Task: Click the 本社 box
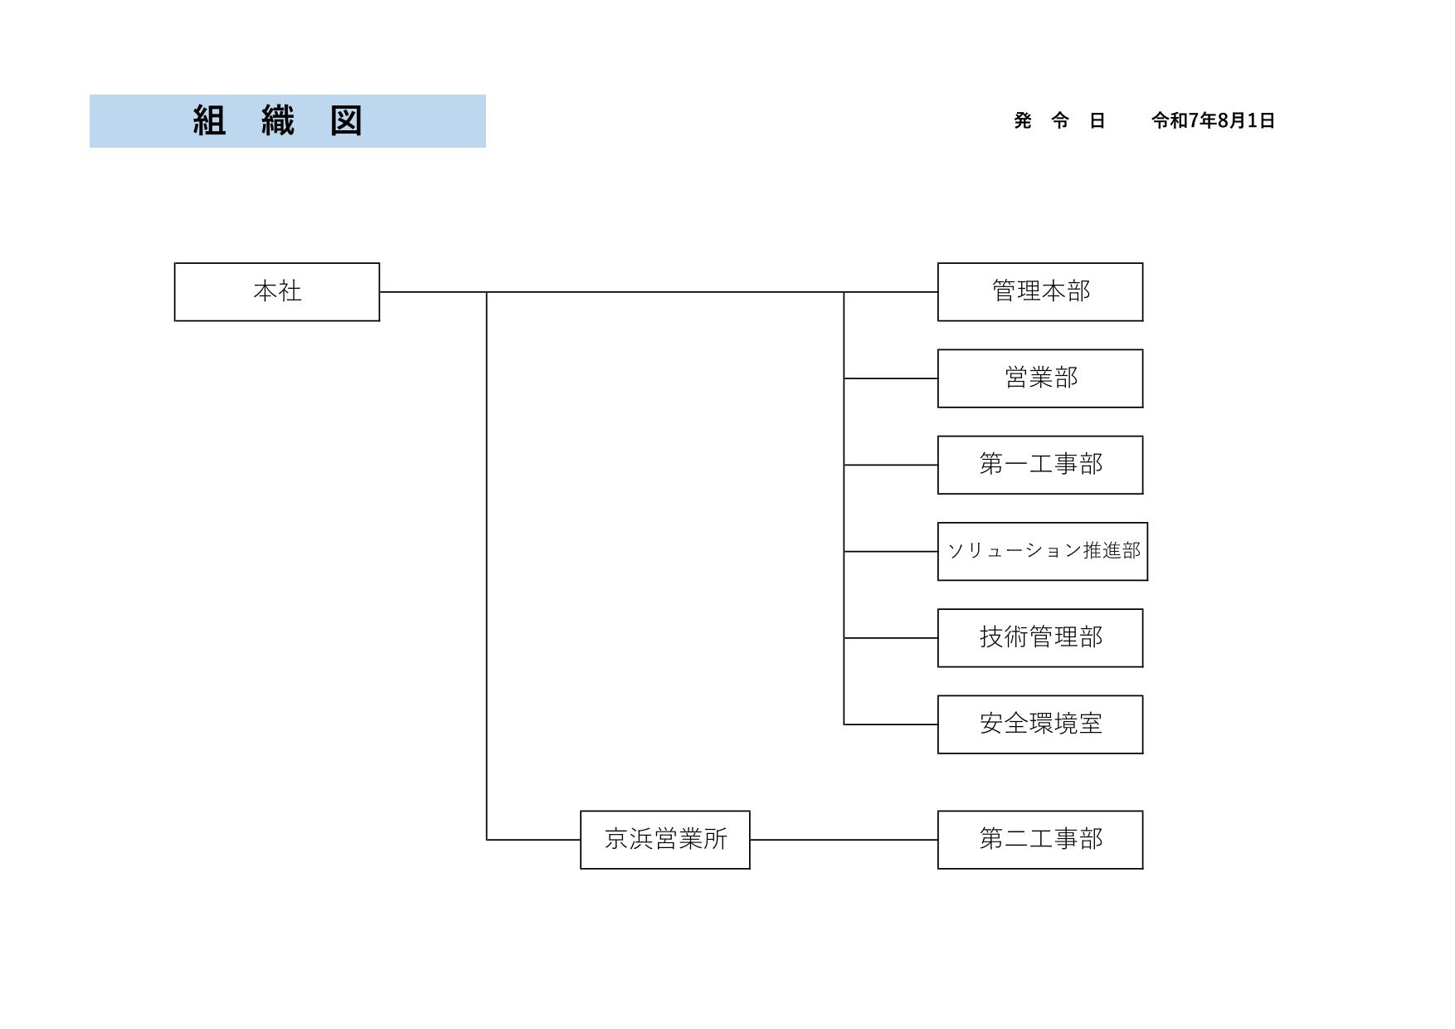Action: tap(277, 292)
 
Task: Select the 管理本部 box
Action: tap(1040, 292)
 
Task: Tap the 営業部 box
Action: tap(1040, 378)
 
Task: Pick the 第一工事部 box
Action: tap(1040, 465)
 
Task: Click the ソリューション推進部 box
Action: tap(1043, 552)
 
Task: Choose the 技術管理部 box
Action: tap(1040, 638)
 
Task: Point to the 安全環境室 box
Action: tap(1040, 724)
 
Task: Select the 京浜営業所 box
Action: tap(665, 840)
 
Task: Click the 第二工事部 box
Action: tap(1040, 840)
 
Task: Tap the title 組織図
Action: tap(278, 120)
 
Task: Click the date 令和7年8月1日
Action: tap(1213, 121)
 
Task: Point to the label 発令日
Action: tap(1059, 121)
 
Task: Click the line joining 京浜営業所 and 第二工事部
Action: tap(844, 840)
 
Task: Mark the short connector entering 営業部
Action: tap(891, 378)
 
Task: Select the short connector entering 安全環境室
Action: tap(891, 724)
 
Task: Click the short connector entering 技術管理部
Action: tap(891, 638)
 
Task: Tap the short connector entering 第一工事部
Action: tap(891, 465)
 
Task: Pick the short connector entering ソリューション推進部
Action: tap(891, 552)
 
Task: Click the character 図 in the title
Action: tap(347, 120)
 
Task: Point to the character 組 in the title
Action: tap(209, 120)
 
